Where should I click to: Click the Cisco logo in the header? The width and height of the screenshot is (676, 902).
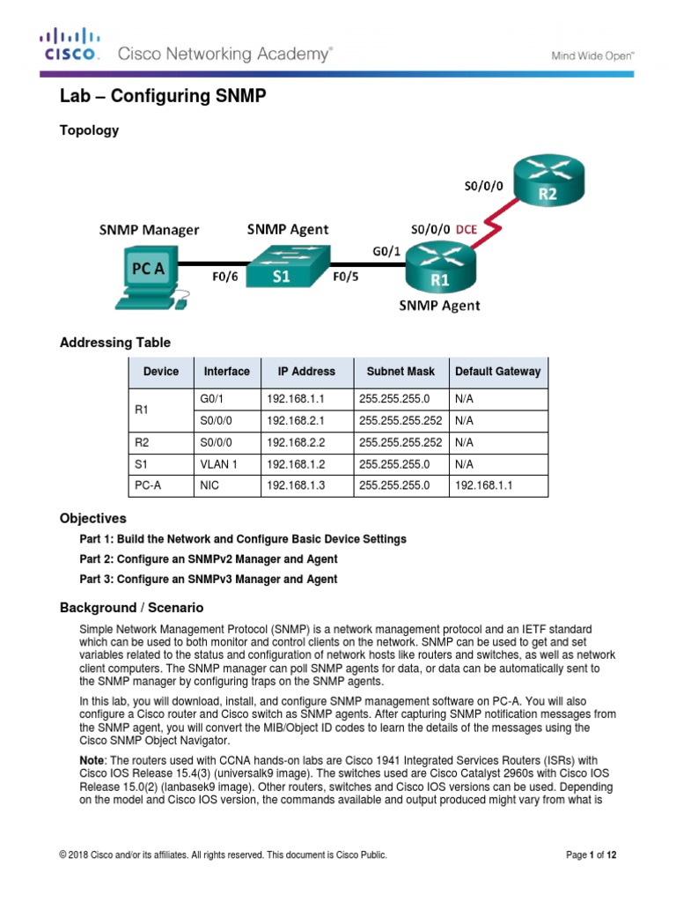click(x=68, y=45)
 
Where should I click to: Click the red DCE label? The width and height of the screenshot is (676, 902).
click(x=466, y=228)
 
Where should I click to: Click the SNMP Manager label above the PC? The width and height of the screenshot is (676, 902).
click(x=148, y=231)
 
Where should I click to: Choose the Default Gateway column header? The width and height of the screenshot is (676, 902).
click(x=497, y=372)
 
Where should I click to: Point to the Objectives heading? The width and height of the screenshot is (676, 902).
click(x=92, y=518)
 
